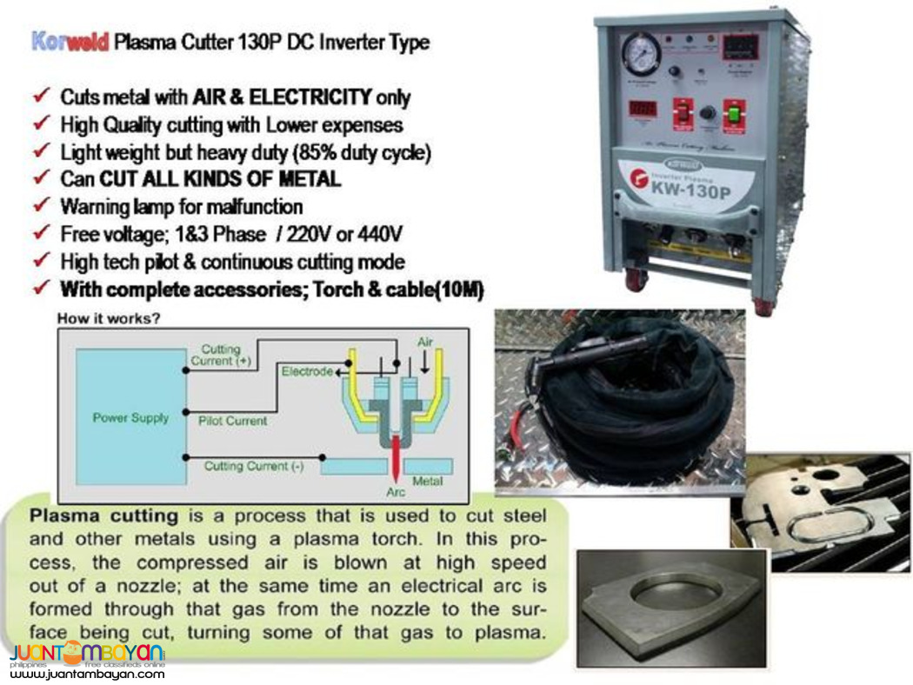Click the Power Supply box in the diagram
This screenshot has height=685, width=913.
[x=130, y=417]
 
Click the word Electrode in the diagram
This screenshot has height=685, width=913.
[x=306, y=371]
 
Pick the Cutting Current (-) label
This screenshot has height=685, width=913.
[x=253, y=466]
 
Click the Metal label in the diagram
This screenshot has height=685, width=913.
[x=427, y=481]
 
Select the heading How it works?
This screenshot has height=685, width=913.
[x=108, y=319]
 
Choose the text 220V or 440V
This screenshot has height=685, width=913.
[x=352, y=235]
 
